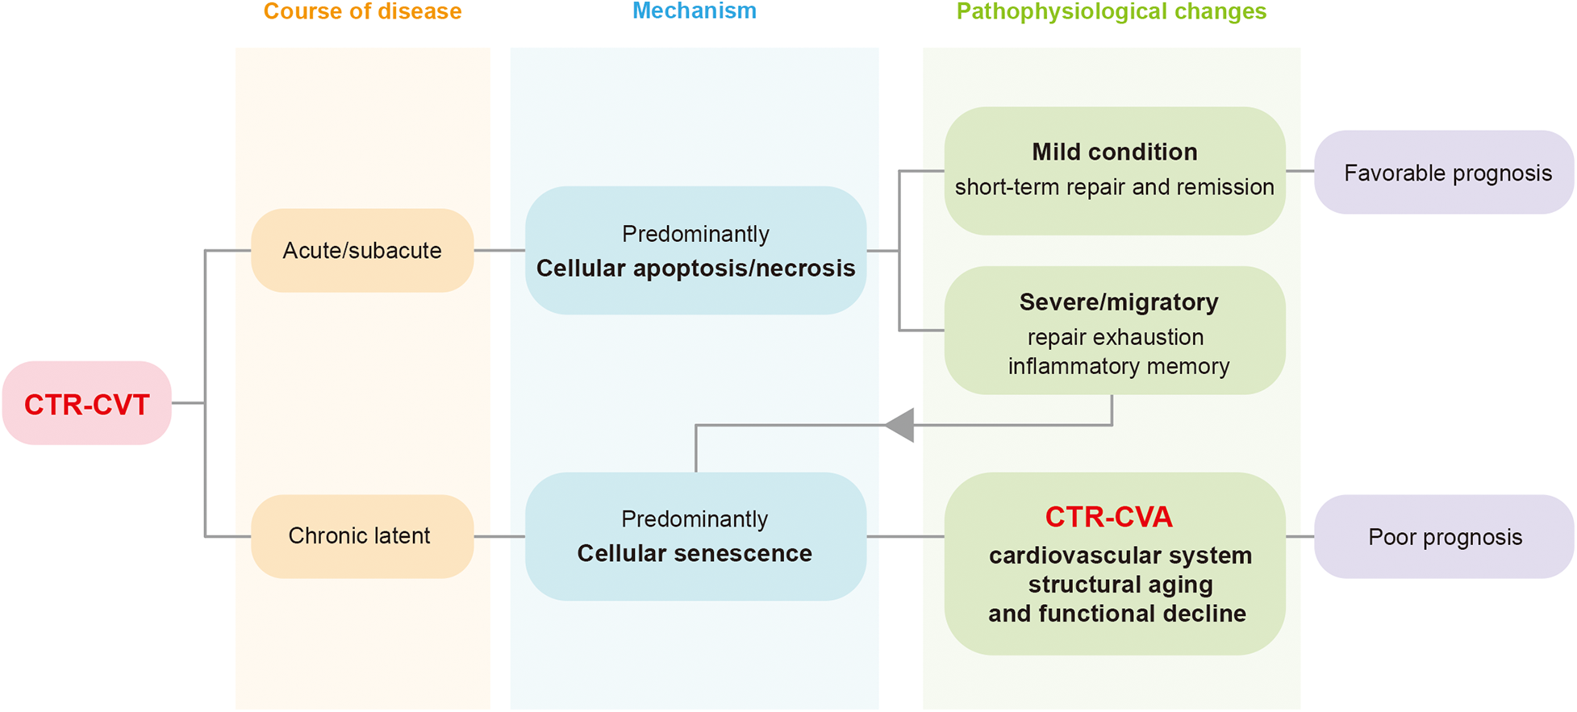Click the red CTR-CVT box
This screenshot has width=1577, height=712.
(86, 403)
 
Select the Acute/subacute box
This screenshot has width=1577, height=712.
(361, 251)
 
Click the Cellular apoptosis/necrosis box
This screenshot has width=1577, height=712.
(695, 251)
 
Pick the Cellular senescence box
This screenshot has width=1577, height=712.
(695, 536)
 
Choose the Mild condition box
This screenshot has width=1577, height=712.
(1114, 170)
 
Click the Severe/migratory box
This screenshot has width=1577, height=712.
(1114, 330)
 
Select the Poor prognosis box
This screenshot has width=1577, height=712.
(1444, 537)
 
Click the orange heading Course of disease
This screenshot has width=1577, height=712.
(362, 11)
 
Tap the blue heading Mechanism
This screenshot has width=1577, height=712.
(694, 11)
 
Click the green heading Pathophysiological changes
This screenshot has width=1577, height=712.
(1111, 11)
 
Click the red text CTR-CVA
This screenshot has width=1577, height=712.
(1108, 517)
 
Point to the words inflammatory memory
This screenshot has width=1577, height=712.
(1118, 367)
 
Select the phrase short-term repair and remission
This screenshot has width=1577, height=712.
(1114, 187)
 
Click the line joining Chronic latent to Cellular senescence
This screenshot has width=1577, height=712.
(499, 536)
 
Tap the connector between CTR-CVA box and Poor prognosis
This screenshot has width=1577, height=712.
(1300, 536)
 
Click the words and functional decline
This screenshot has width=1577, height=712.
(1116, 614)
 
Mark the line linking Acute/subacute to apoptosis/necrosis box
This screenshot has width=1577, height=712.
(499, 251)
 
